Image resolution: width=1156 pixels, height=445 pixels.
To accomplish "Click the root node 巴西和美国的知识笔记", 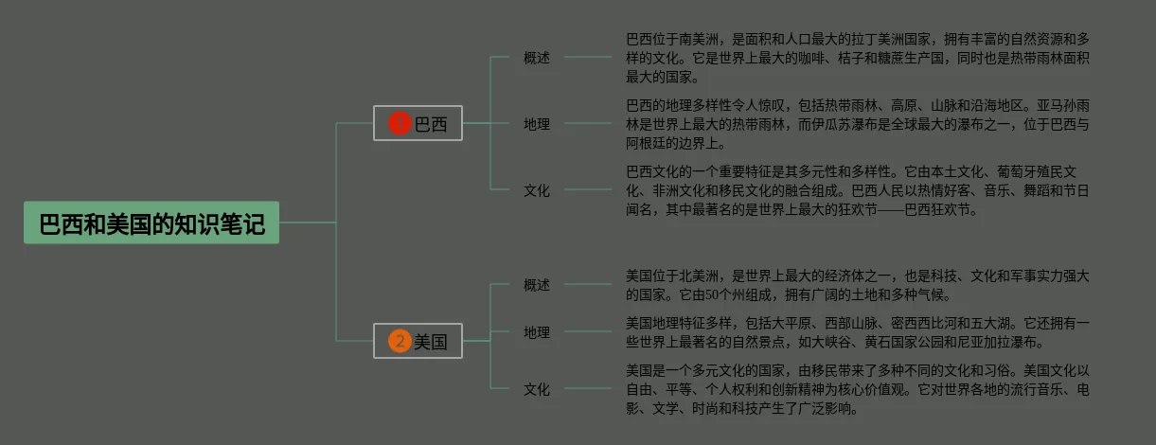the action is click(x=151, y=223).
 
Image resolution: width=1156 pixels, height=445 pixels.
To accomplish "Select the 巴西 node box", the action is click(x=418, y=123).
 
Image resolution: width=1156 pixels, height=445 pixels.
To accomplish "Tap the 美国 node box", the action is click(x=418, y=341).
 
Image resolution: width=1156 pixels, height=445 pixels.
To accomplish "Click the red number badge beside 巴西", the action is click(x=400, y=123).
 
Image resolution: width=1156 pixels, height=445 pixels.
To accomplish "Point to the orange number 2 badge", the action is click(x=400, y=341).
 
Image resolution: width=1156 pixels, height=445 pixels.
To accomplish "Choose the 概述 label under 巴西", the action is click(x=537, y=58).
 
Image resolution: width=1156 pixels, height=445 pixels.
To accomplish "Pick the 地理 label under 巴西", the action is click(x=537, y=124).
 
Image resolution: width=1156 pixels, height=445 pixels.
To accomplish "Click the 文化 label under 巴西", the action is click(x=537, y=190).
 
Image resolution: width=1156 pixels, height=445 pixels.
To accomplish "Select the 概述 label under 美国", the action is click(x=537, y=285).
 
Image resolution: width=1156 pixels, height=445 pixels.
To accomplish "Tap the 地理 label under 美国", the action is click(x=537, y=332).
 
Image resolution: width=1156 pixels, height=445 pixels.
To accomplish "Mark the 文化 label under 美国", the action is click(x=537, y=389).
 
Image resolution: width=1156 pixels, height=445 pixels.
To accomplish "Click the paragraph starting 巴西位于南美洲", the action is click(x=857, y=58).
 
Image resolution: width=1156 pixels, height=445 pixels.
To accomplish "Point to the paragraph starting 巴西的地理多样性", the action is click(x=857, y=124).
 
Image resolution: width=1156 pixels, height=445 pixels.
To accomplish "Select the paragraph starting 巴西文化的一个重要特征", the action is click(x=857, y=190).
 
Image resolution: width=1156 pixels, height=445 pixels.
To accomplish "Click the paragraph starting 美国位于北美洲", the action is click(x=857, y=285).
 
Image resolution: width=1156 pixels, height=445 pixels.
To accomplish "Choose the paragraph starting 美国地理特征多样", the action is click(x=857, y=332).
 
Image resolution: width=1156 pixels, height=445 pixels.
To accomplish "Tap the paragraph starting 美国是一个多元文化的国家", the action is click(x=857, y=389).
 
